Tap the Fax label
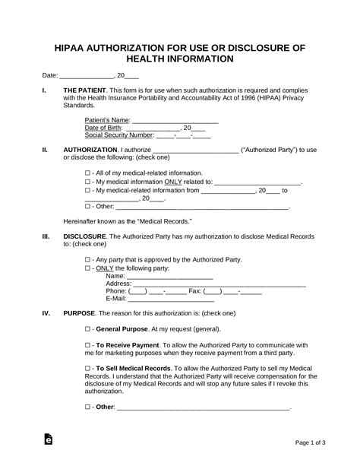tap(194, 291)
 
